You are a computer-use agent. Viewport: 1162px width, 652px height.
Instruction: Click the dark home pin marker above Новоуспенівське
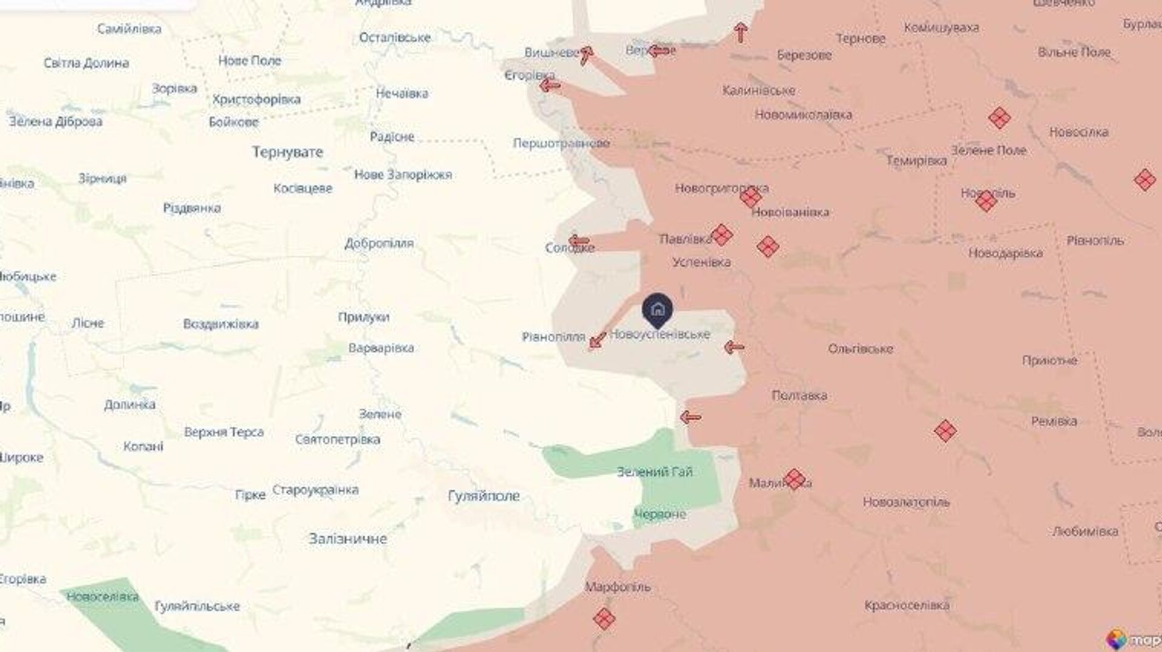657,310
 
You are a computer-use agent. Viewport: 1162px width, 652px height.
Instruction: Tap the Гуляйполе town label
484,496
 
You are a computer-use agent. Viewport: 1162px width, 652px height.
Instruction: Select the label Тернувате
287,152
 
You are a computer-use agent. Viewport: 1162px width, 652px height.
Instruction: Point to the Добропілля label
379,243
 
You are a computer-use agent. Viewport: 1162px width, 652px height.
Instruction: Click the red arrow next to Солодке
579,241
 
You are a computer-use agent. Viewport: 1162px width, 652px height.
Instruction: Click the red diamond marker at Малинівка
795,479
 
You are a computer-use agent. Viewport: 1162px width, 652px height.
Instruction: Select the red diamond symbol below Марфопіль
604,619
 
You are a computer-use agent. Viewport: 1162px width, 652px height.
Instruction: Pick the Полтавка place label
799,396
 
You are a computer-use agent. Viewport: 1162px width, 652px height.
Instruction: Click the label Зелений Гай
654,472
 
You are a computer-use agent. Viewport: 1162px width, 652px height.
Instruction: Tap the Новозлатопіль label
906,502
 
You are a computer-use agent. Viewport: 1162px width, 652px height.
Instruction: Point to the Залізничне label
347,539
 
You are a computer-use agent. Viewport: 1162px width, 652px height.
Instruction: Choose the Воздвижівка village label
220,324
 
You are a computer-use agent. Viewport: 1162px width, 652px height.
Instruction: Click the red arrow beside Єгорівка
550,86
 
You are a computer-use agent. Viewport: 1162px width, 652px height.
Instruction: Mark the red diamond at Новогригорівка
750,197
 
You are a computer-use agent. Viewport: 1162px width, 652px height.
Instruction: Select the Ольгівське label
860,349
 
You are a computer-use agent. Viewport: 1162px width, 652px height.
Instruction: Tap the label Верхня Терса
224,432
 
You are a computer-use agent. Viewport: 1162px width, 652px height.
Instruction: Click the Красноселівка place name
907,605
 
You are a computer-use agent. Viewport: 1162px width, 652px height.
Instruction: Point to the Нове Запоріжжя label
403,175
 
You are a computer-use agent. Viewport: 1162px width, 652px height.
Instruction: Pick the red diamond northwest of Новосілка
999,118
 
